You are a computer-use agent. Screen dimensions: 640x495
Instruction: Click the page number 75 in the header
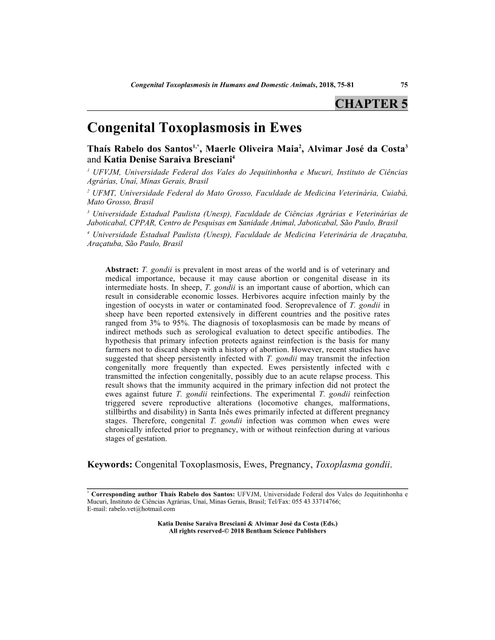[x=403, y=84]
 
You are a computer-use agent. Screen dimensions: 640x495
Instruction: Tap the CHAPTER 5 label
[x=371, y=104]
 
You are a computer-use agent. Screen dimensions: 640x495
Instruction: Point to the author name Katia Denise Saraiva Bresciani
[x=164, y=160]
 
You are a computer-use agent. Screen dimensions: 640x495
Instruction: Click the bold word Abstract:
[x=122, y=268]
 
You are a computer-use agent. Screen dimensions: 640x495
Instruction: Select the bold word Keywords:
[x=110, y=465]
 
